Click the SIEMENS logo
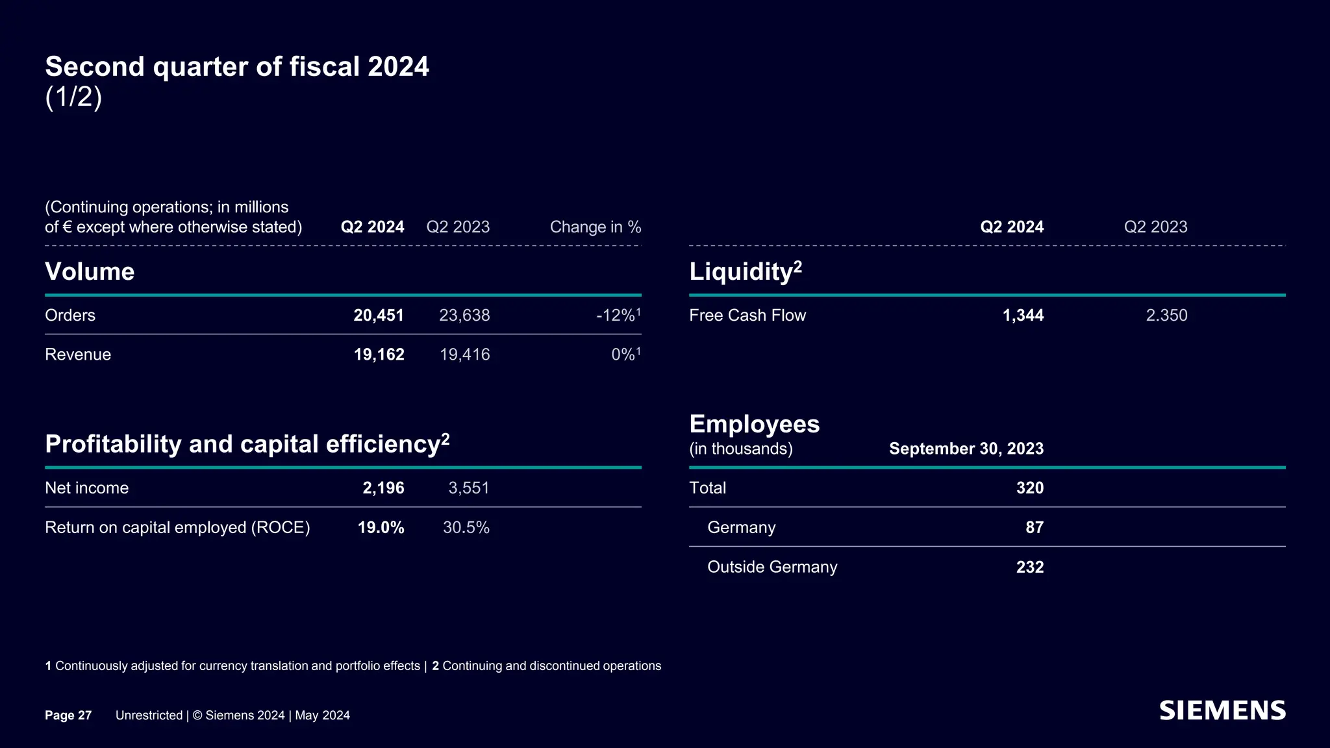[x=1222, y=711]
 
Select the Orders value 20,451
[x=379, y=316]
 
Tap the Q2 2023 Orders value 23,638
[x=464, y=316]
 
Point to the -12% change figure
[x=616, y=316]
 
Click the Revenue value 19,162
[x=379, y=355]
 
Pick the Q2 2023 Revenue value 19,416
[x=464, y=355]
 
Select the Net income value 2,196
[x=383, y=488]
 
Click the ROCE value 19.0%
[x=381, y=527]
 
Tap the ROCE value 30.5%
[x=466, y=527]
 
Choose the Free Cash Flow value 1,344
[x=1023, y=316]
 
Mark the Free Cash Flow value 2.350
[x=1166, y=316]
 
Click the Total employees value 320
[x=1029, y=488]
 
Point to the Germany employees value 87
[x=1034, y=527]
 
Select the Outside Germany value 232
[x=1029, y=567]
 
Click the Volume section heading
[x=90, y=271]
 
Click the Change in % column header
[x=595, y=227]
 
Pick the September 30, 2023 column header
[x=966, y=449]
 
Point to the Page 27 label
[x=68, y=716]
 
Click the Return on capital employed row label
[x=177, y=527]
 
